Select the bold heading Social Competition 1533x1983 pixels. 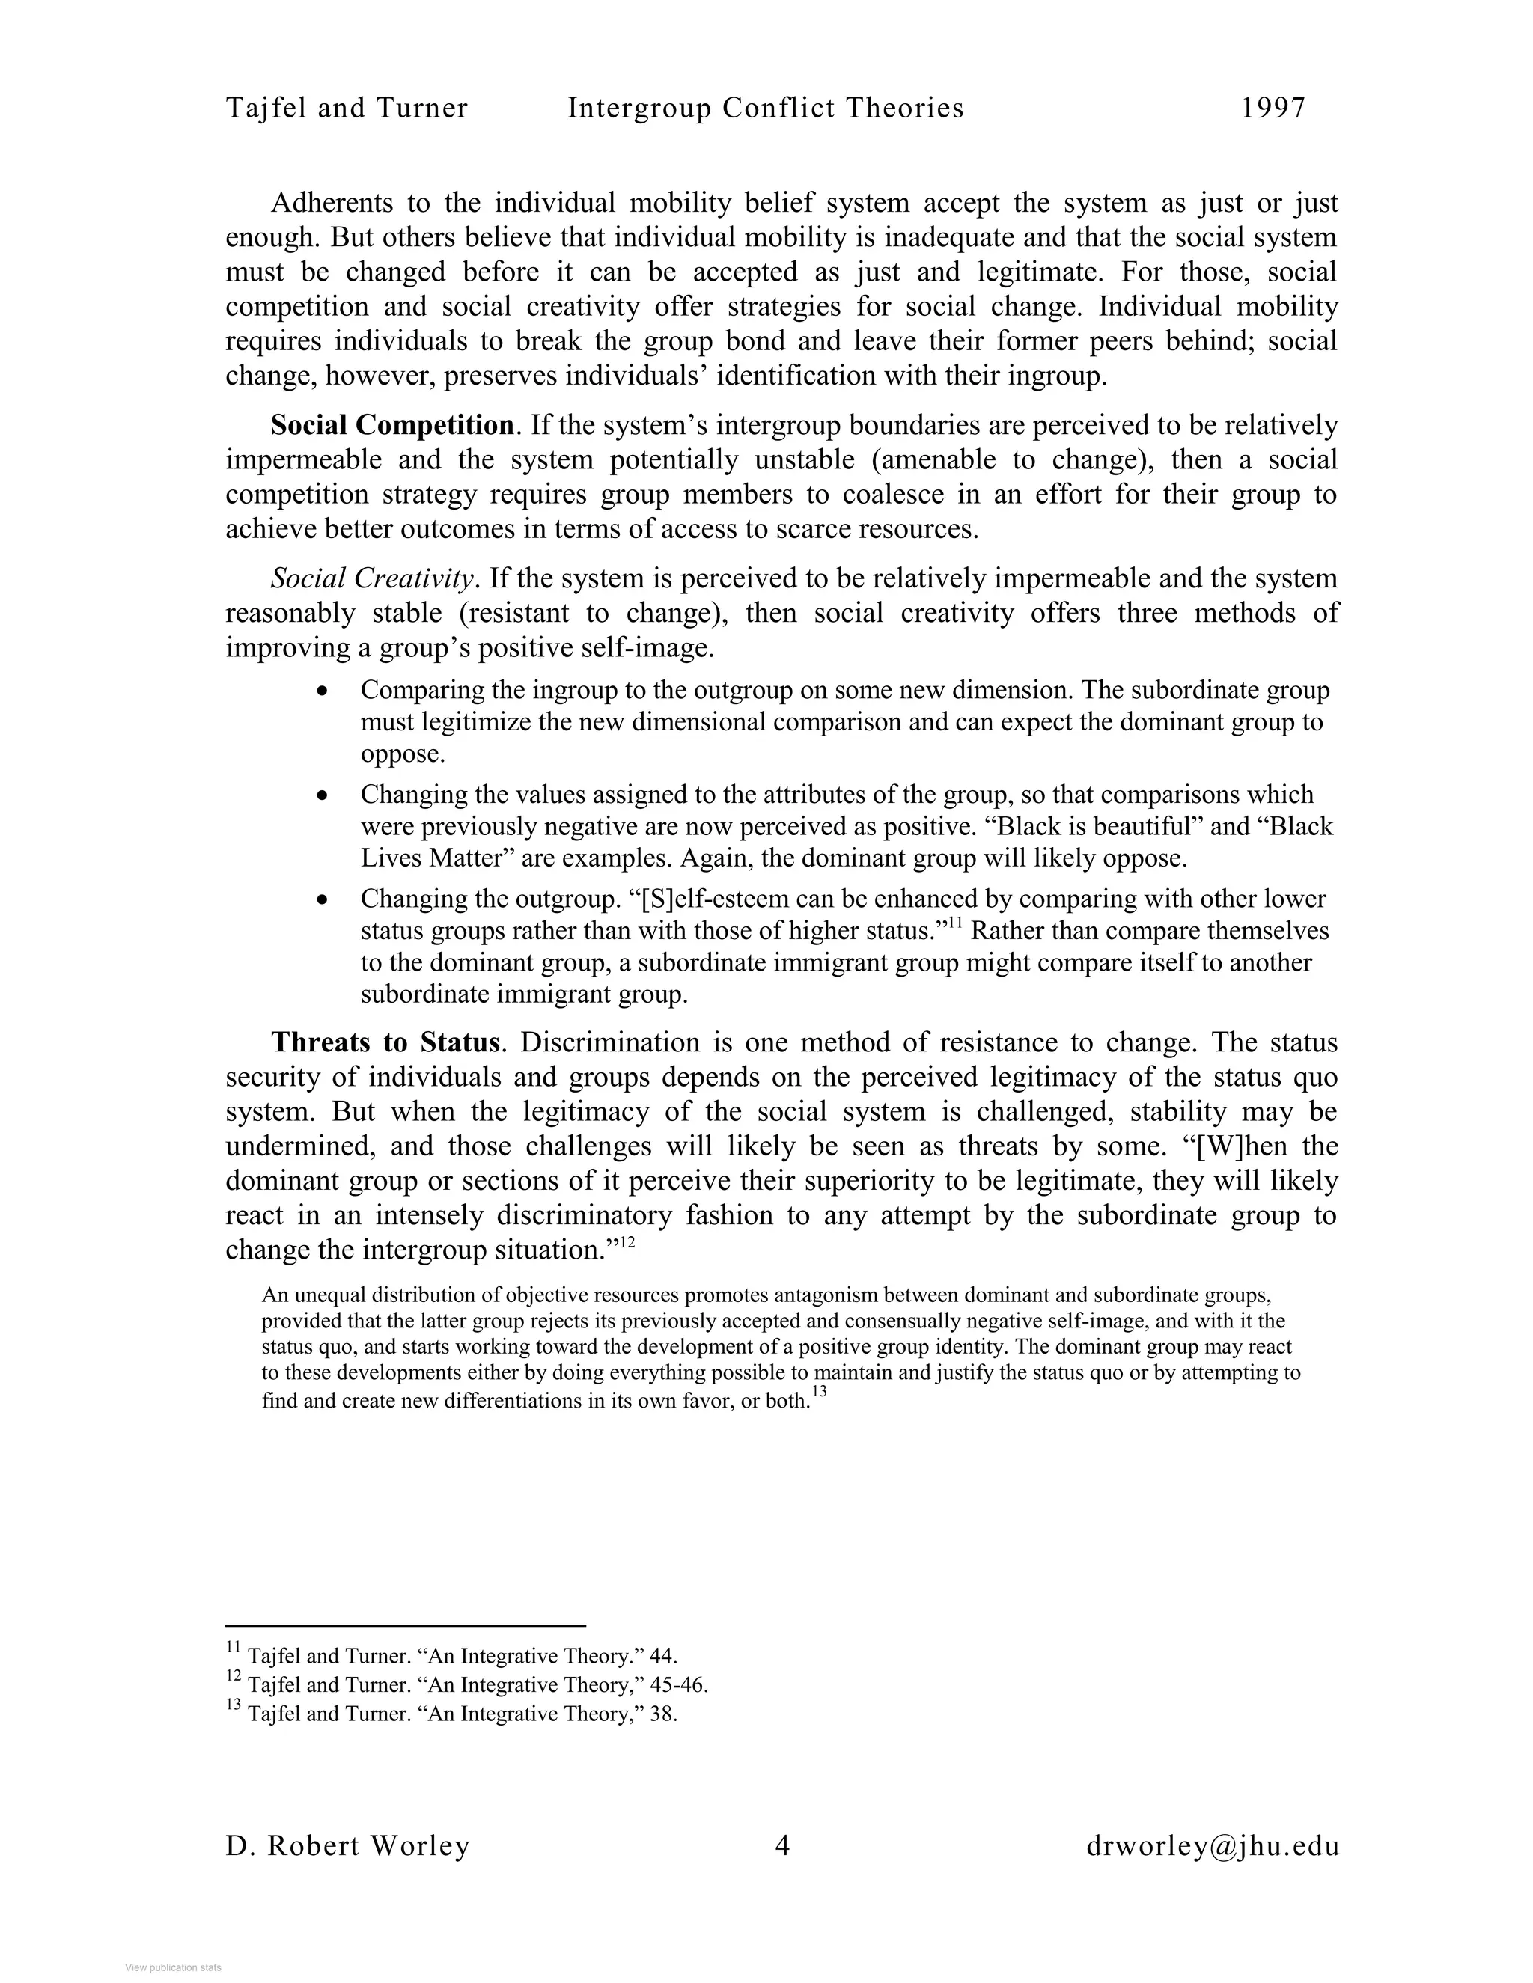392,425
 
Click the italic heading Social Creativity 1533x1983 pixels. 372,578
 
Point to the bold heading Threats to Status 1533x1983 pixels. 385,1042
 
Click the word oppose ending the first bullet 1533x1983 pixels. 402,754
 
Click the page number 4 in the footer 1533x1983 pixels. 782,1846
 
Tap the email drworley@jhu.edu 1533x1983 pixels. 1213,1846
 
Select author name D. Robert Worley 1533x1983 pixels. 348,1846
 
